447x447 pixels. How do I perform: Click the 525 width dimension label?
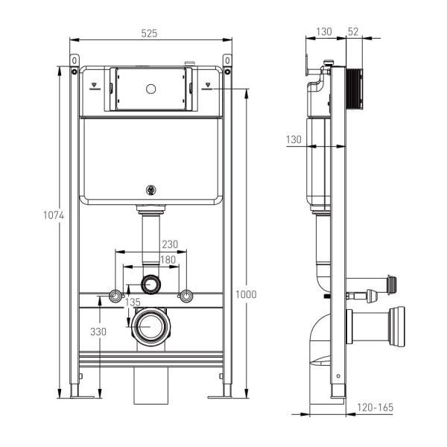(149, 34)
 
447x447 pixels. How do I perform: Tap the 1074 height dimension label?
(54, 215)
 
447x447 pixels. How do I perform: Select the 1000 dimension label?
(246, 294)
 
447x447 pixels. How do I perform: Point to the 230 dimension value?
(170, 244)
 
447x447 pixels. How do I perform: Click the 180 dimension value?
(168, 260)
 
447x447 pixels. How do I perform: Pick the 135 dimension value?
(133, 302)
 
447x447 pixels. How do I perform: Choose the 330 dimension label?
(98, 332)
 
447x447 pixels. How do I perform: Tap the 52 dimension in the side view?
(353, 31)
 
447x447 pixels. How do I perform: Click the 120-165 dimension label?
(375, 408)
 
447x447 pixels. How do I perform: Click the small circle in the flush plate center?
(150, 89)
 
